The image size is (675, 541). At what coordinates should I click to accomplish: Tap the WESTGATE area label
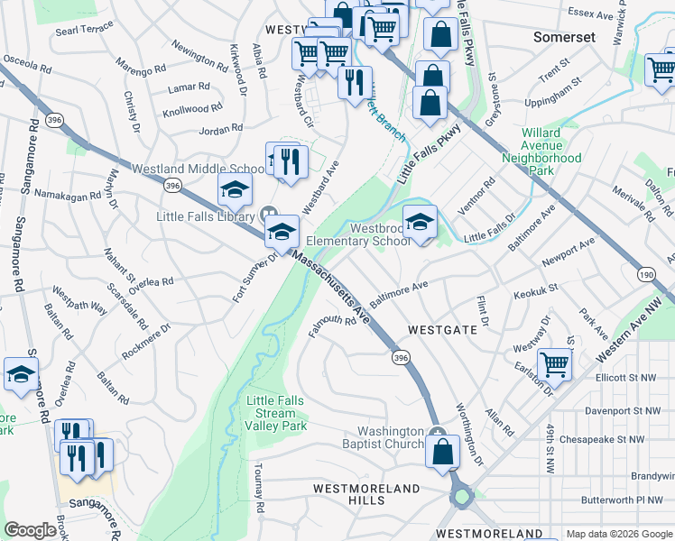click(x=441, y=330)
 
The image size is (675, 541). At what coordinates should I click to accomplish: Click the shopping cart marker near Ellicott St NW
click(x=555, y=365)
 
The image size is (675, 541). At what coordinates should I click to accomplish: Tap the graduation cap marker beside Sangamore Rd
click(x=22, y=375)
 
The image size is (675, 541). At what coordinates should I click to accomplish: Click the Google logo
click(x=31, y=530)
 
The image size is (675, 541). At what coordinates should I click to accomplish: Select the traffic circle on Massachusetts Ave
click(x=462, y=495)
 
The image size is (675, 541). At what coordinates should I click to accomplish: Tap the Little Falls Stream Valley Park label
click(x=276, y=413)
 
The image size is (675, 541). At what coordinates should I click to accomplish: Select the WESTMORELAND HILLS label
click(x=366, y=494)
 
